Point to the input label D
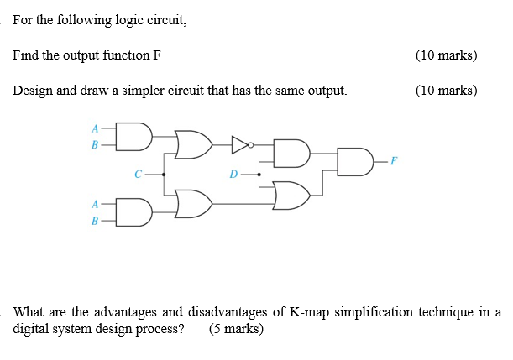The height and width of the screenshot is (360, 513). (235, 175)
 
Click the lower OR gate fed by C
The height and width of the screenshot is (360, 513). (193, 202)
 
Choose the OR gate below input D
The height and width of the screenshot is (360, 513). (292, 194)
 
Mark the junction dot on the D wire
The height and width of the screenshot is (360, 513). (259, 175)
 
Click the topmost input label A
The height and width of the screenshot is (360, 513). (96, 128)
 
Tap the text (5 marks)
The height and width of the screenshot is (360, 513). (237, 329)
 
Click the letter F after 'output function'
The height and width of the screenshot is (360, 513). (157, 55)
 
